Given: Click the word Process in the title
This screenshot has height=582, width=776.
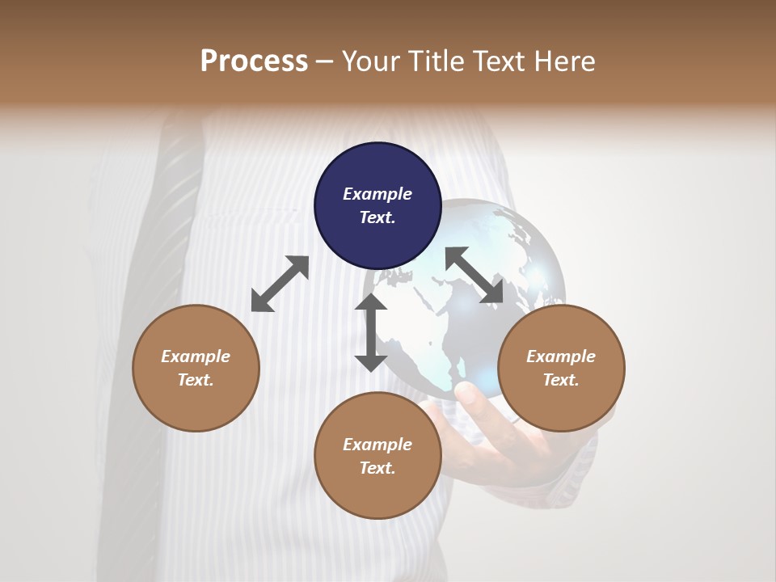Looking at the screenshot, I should [254, 61].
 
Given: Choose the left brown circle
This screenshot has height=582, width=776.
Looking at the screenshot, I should [196, 368].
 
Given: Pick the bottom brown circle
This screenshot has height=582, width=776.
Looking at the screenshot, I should [377, 456].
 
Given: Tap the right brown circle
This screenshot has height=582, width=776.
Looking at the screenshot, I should [561, 368].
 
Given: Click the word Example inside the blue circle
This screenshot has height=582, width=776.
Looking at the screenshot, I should [377, 194].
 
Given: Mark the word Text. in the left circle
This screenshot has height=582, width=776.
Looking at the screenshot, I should [196, 380].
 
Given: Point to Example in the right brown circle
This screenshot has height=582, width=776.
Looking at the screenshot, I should [561, 356].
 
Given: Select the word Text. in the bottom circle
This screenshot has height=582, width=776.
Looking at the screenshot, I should [377, 468].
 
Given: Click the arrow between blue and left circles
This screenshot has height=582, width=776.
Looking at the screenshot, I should [280, 284].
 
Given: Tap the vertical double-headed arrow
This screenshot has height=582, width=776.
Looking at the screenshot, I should [371, 332].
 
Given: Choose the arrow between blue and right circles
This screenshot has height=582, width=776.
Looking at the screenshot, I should [474, 275].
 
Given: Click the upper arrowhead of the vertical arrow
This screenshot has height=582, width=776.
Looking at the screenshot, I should [371, 302].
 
